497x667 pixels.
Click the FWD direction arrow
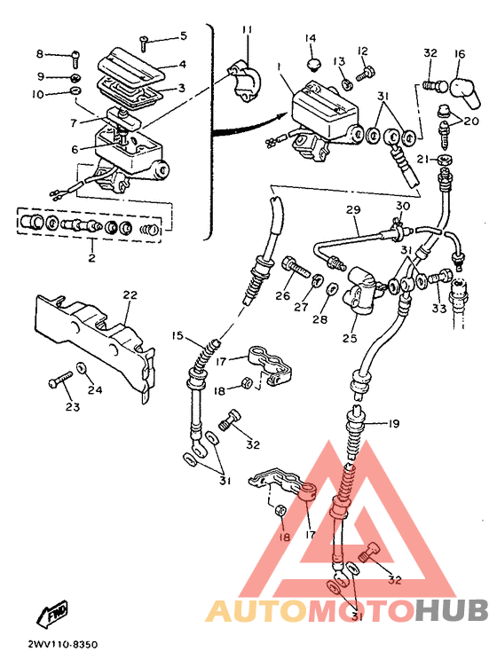(52, 614)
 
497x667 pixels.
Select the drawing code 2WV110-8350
(62, 645)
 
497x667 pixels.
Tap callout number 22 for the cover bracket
(130, 294)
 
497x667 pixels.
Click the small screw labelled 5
(144, 43)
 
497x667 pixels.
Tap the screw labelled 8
(75, 59)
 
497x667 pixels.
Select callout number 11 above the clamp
(247, 30)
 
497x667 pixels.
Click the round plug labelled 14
(313, 64)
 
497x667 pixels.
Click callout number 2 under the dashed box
(92, 257)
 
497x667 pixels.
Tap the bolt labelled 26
(296, 267)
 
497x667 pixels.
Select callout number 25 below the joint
(351, 338)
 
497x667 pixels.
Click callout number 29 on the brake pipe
(353, 209)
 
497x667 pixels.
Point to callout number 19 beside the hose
(393, 424)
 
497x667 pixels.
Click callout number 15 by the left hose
(177, 335)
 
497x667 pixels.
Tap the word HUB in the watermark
(452, 610)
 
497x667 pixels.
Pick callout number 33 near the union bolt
(438, 308)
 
